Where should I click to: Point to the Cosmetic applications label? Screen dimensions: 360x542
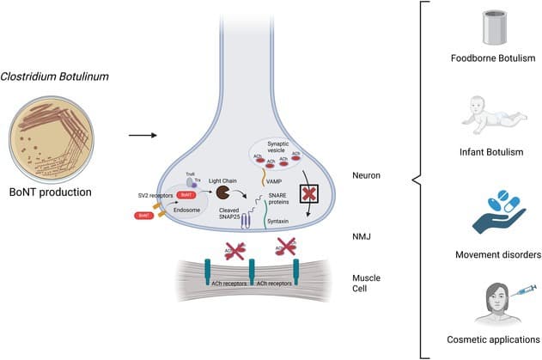point(493,339)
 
